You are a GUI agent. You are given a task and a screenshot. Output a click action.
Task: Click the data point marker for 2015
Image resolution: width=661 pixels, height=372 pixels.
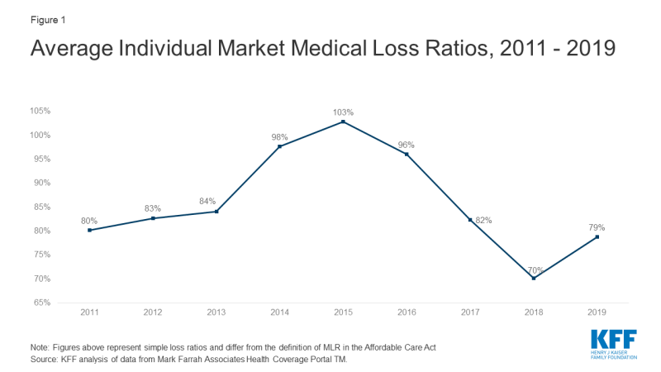(343, 122)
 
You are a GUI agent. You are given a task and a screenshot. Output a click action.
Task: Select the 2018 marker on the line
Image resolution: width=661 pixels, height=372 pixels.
(534, 279)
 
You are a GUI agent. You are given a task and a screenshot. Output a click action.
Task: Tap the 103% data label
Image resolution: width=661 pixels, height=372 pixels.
(343, 112)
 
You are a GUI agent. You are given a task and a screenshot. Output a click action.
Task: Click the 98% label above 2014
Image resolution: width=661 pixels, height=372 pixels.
(279, 136)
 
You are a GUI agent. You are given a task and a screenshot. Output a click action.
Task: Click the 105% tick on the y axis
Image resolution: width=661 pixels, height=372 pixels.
(41, 111)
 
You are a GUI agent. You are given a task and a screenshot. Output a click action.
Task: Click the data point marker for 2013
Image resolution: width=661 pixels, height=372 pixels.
(216, 212)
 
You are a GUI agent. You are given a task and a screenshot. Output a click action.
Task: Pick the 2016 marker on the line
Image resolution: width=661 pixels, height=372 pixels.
(407, 155)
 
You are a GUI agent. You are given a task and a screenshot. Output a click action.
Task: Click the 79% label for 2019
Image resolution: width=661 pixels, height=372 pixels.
(597, 227)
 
